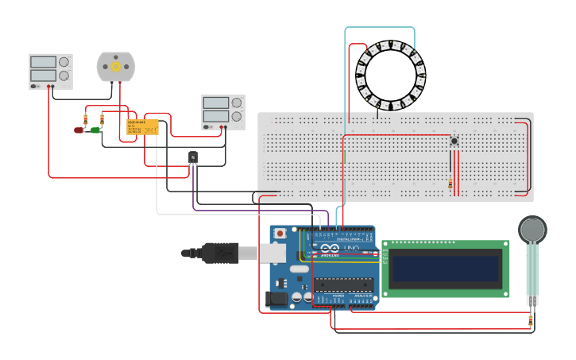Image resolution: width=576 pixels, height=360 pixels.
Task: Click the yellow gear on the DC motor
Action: tap(116, 68)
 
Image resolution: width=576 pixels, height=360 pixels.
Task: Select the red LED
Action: tap(79, 130)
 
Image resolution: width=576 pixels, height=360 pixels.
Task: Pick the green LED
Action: tap(95, 130)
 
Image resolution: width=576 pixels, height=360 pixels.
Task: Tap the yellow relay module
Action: tap(142, 127)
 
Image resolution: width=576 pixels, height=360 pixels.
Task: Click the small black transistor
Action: tap(192, 157)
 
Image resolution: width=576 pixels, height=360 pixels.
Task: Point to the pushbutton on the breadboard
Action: tap(454, 141)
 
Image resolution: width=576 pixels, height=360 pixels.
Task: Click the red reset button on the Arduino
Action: tap(280, 234)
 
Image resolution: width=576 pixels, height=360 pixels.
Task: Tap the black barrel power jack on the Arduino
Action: tap(276, 298)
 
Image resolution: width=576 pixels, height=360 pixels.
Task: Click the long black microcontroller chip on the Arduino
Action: tap(342, 285)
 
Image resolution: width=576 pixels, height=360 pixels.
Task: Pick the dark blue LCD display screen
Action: tap(445, 269)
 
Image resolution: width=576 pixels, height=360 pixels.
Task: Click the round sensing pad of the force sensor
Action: tap(532, 230)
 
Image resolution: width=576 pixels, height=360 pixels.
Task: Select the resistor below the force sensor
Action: tap(531, 320)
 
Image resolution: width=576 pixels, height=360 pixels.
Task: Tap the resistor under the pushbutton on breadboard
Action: tap(450, 184)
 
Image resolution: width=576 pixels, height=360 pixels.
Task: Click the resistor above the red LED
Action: tap(85, 119)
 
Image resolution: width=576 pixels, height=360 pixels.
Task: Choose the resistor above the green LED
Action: tap(101, 119)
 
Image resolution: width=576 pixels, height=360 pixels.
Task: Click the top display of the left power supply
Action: tap(43, 62)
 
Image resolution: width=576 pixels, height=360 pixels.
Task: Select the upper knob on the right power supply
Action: tap(236, 103)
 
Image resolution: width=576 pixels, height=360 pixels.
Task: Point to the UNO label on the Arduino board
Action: tap(350, 249)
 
